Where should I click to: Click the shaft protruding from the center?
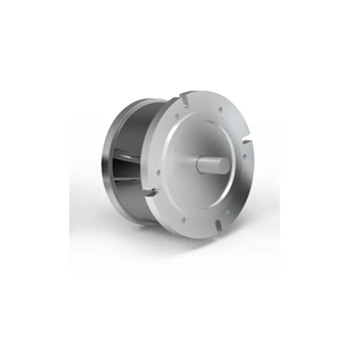(x=208, y=163)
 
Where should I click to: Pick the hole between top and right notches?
(x=220, y=108)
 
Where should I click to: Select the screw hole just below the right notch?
(x=244, y=156)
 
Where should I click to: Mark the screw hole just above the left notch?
(x=158, y=171)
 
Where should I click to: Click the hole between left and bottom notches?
(x=183, y=220)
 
